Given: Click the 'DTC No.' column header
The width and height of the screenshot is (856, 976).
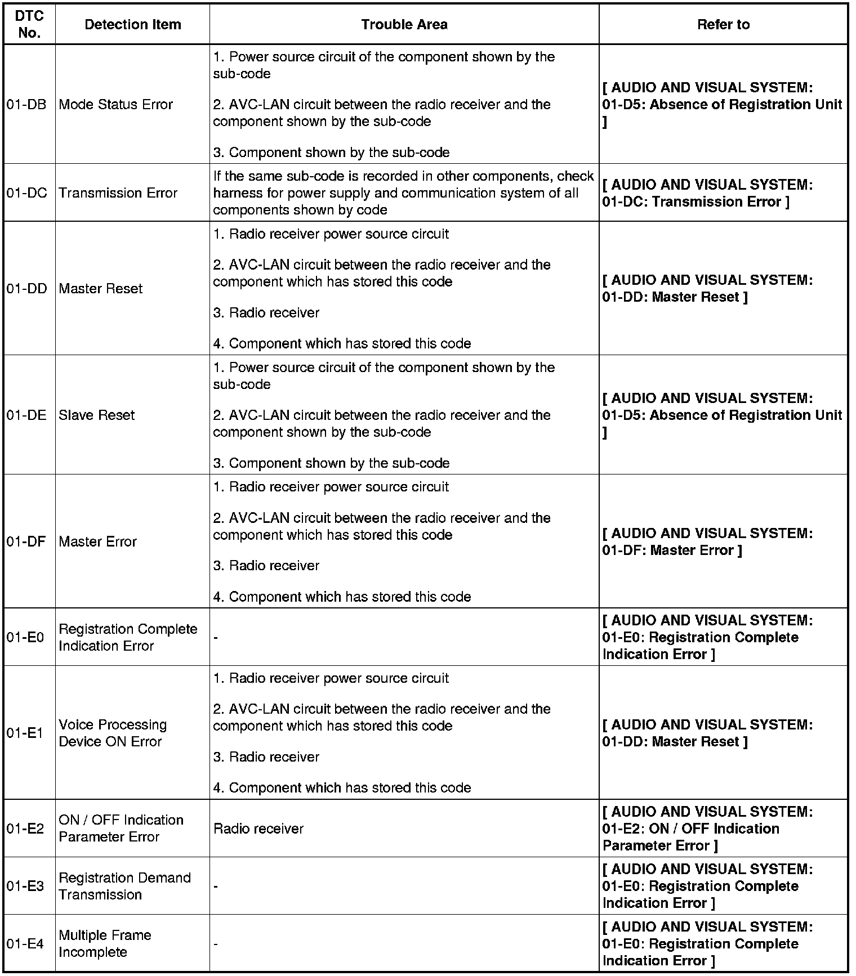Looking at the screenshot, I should tap(29, 25).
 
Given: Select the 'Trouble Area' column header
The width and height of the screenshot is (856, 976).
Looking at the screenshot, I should tap(404, 25).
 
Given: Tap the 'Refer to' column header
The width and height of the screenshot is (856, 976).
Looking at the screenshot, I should tap(723, 25).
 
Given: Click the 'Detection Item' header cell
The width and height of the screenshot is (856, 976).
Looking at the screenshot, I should tap(132, 25).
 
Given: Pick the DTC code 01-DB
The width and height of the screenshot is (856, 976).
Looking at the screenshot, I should tap(27, 105).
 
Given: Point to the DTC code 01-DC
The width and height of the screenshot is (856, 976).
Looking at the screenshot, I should tap(27, 193).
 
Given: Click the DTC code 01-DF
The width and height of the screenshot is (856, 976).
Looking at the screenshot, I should tap(26, 541).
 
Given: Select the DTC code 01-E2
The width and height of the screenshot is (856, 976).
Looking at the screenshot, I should tap(25, 829).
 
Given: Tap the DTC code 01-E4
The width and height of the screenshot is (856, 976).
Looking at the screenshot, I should tap(25, 943).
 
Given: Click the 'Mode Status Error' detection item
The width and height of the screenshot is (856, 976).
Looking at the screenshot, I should tap(115, 105).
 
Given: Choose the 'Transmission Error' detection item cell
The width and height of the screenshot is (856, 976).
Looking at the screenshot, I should tap(118, 193).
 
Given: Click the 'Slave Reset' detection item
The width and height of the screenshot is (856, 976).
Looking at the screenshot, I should tap(96, 415).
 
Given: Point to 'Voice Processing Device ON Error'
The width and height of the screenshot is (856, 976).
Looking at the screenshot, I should tap(113, 733).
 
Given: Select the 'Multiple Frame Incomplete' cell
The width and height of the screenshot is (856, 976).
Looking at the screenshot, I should tap(105, 943).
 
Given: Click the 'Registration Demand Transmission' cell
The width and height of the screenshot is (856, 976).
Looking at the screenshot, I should tap(124, 886).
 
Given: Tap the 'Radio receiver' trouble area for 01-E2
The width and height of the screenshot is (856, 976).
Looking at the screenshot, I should tap(258, 829).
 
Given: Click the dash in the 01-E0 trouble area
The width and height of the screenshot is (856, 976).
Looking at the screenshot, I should tap(216, 638).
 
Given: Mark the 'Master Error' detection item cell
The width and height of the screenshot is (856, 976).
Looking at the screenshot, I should tap(97, 541).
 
